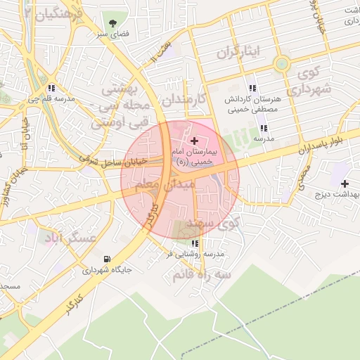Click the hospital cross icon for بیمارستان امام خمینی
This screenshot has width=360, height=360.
pos(194,142)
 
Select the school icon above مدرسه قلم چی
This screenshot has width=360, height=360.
pos(52,89)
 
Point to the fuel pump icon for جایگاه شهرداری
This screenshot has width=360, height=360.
pos(107,258)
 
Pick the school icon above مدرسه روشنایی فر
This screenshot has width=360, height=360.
pos(195,243)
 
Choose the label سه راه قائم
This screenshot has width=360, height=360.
pos(201,276)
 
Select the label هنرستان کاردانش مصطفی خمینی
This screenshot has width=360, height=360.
pos(252,105)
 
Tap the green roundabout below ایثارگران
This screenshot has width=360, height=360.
pos(282,64)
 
